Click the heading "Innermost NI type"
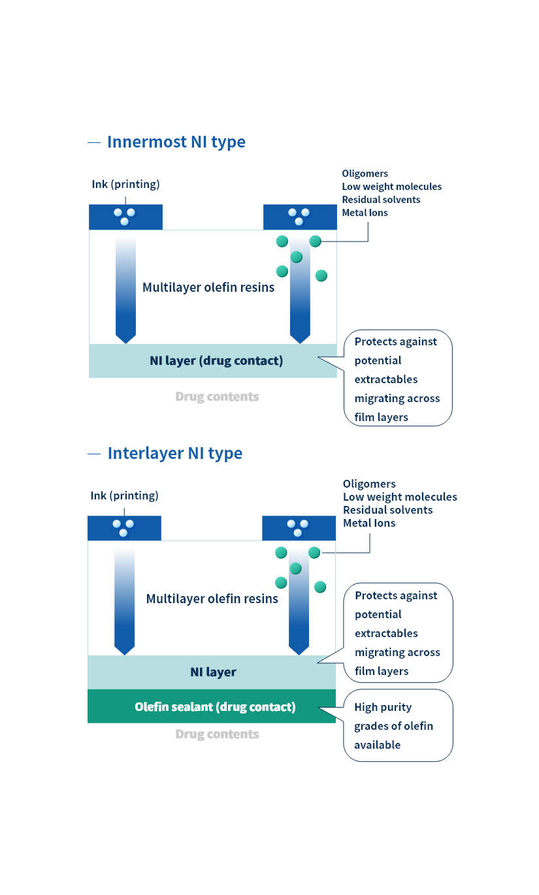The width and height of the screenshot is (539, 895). click(x=176, y=142)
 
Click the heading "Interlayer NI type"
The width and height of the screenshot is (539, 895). click(x=174, y=453)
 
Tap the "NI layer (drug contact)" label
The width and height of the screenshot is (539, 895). click(x=216, y=360)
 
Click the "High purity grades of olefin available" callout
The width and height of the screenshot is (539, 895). click(x=398, y=725)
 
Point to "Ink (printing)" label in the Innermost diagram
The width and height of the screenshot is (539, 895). click(x=125, y=184)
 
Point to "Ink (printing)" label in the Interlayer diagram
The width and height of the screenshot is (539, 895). click(x=124, y=495)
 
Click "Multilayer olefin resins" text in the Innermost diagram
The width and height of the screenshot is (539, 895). click(x=208, y=287)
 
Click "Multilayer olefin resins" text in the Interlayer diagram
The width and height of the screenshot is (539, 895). click(x=212, y=599)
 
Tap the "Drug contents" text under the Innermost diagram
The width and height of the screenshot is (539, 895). click(x=217, y=396)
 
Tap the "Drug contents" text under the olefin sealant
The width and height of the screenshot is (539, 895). click(x=217, y=734)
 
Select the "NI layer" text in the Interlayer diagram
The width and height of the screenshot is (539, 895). click(x=213, y=672)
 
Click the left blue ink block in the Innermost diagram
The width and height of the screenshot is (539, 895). click(x=125, y=217)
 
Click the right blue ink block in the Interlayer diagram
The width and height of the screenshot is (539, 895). click(x=299, y=528)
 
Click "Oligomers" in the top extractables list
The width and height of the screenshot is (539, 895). click(x=365, y=174)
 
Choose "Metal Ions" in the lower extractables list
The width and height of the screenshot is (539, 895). click(x=369, y=523)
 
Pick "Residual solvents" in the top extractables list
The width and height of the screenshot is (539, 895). click(x=381, y=200)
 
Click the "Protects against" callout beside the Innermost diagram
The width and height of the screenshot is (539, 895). click(x=397, y=379)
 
